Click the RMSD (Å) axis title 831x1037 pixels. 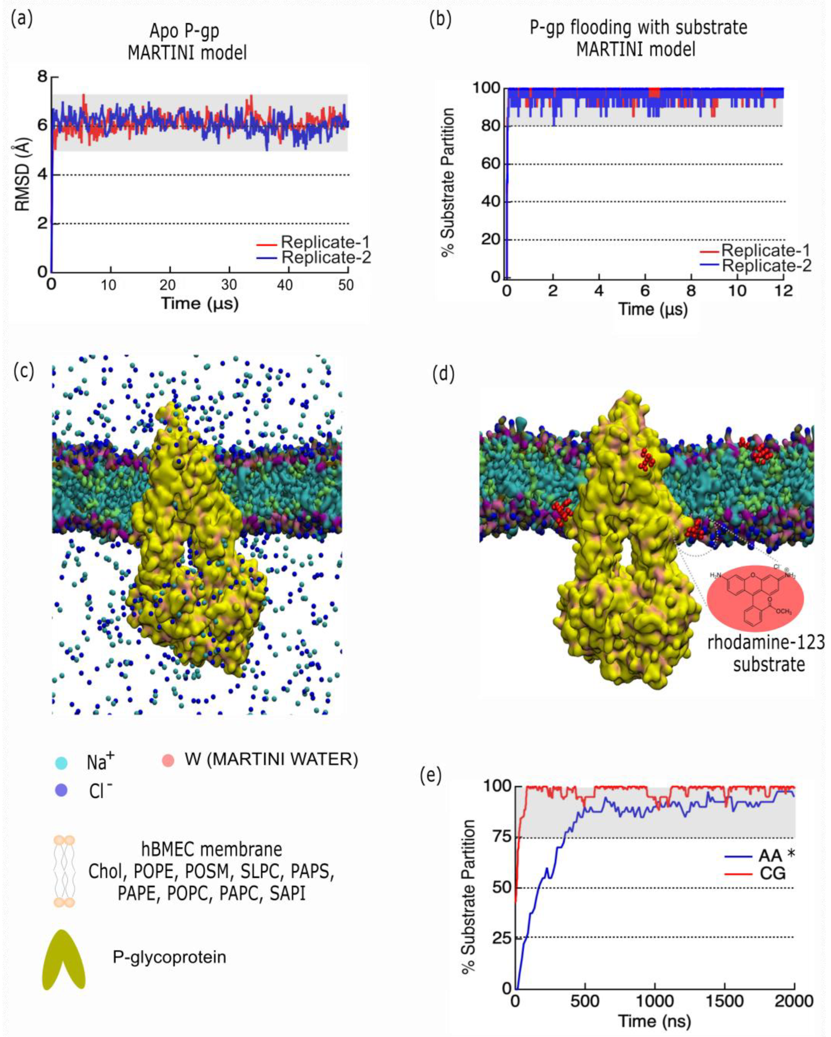pyautogui.click(x=23, y=174)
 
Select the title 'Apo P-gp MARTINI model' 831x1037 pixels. pyautogui.click(x=187, y=41)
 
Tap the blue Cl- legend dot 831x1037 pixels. pyautogui.click(x=61, y=790)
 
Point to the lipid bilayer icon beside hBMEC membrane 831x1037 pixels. pyautogui.click(x=64, y=871)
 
